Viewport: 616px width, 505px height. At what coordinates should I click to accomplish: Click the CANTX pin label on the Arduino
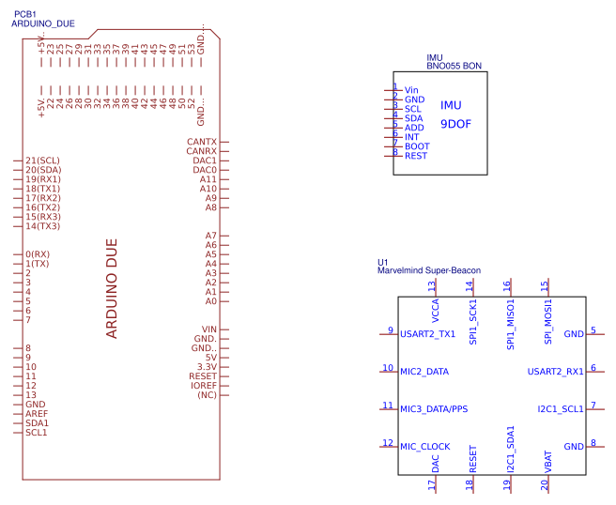pos(201,142)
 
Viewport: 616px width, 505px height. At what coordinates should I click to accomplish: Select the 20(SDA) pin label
pos(43,170)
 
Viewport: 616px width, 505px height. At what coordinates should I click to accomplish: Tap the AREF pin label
pos(37,414)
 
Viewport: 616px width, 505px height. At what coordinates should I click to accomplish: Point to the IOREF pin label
pos(203,386)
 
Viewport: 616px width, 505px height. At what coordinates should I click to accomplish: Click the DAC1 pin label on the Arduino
pos(204,161)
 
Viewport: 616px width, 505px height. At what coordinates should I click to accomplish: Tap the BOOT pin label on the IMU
pos(417,146)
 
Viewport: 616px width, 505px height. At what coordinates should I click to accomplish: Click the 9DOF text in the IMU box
pos(454,123)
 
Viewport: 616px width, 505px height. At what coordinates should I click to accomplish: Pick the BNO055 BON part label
pos(454,67)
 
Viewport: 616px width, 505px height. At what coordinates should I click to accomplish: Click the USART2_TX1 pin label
pos(427,333)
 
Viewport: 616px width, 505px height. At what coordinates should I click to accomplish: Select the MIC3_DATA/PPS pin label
pos(433,408)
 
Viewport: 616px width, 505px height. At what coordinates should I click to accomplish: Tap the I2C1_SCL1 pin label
pos(561,408)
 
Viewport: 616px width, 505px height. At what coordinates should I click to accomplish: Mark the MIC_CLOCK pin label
pos(425,446)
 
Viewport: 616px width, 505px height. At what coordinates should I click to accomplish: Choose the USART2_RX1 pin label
pos(555,371)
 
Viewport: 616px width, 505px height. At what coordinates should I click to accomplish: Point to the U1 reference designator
pos(382,262)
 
